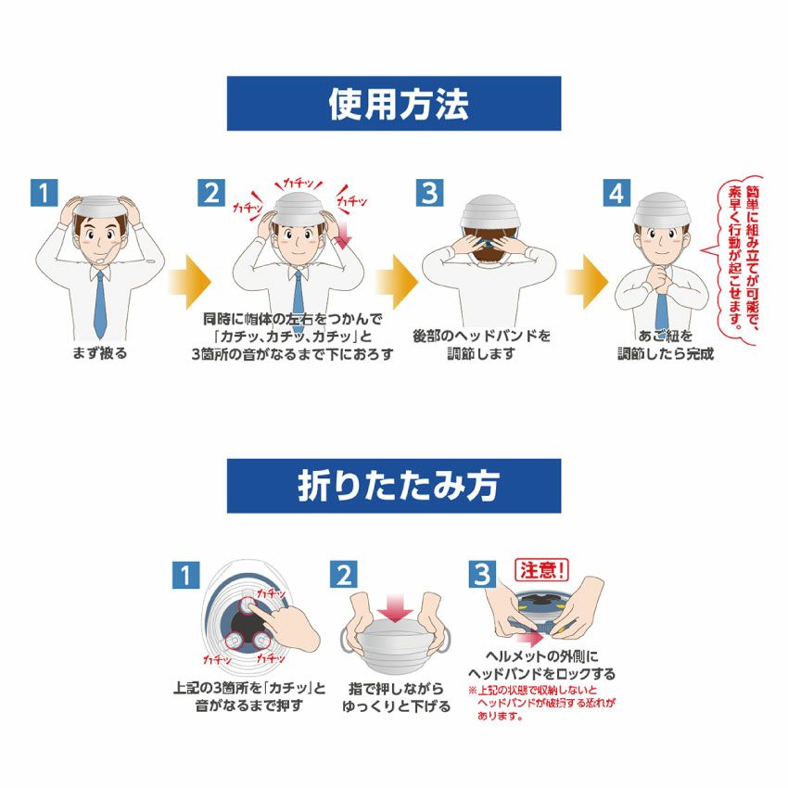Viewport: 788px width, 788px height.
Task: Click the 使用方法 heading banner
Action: [394, 104]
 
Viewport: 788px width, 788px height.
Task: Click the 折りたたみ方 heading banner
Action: [394, 485]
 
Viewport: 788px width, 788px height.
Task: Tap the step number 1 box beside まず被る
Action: [44, 193]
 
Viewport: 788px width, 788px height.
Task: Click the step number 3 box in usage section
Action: [428, 193]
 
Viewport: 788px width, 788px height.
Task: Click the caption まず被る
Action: [100, 353]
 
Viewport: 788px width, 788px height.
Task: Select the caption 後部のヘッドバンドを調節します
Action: [481, 344]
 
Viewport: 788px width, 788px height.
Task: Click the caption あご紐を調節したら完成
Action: [666, 344]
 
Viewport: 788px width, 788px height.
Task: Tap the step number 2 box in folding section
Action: [343, 575]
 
